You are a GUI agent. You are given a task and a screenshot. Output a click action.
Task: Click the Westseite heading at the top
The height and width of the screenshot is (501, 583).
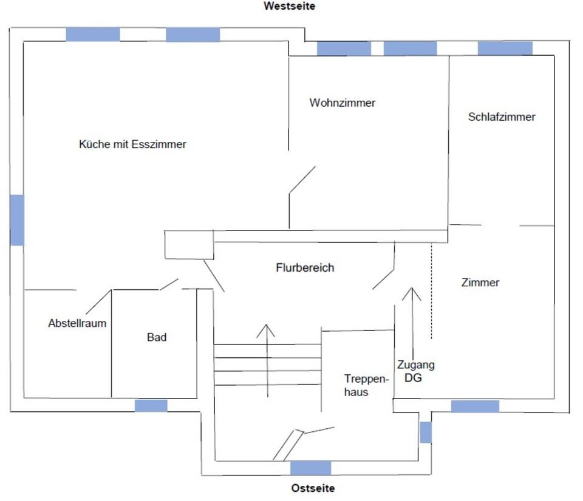pos(289,6)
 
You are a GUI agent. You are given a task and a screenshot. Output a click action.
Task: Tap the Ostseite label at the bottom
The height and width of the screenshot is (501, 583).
pos(313,488)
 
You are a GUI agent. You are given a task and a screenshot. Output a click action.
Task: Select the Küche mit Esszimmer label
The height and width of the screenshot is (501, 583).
pos(132,144)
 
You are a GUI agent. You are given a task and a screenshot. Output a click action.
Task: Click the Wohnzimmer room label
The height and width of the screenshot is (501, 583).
pos(343,103)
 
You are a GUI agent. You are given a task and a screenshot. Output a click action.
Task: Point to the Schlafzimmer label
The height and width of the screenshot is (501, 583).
pos(502,116)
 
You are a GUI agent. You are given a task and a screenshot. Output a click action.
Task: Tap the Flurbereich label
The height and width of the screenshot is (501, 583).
pos(305,267)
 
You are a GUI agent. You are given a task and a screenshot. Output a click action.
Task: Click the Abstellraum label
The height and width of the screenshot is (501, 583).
pos(77,323)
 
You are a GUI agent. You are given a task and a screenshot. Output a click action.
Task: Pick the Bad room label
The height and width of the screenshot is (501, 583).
pos(157,337)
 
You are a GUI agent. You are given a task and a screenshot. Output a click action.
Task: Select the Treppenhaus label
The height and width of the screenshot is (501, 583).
pos(366,385)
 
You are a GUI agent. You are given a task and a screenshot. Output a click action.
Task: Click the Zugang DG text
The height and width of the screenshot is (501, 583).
pos(415,371)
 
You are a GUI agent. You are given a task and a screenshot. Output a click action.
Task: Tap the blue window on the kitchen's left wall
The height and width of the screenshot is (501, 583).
pos(17,220)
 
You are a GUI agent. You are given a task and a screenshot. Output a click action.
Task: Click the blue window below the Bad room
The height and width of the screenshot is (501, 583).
pos(151,406)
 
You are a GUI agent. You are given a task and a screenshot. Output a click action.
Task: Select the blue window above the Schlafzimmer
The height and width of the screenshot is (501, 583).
pos(505,49)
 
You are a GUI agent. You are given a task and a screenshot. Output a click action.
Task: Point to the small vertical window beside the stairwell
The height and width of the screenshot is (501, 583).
pos(426,432)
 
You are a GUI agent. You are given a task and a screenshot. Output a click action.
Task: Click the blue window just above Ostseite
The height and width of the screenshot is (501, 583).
pos(310,468)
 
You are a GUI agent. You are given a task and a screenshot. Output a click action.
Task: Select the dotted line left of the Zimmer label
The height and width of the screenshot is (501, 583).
pos(431,291)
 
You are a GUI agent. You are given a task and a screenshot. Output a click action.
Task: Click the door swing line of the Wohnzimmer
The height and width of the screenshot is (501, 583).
pos(302,180)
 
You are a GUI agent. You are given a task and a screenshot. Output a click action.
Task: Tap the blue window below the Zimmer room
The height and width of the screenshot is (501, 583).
pos(475,406)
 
